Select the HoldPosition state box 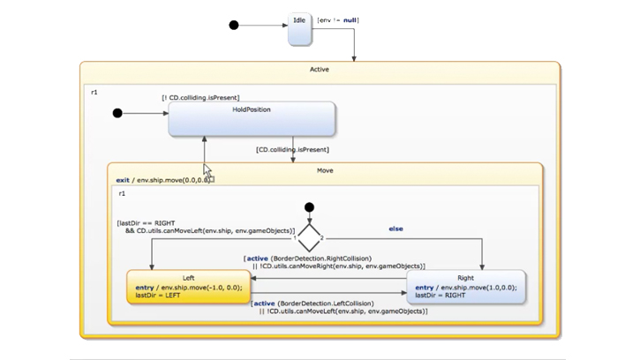tap(252, 119)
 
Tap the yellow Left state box tap(188, 288)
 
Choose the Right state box tap(465, 288)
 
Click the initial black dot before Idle tap(234, 26)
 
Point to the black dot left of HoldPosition tap(117, 113)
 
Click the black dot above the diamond tap(309, 207)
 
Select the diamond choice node tap(309, 237)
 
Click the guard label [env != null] tap(338, 19)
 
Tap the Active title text tap(320, 69)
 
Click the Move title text tap(324, 169)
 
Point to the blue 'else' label tap(395, 229)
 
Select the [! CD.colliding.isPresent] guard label tap(200, 98)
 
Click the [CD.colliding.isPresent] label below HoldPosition tap(292, 150)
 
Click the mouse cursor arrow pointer tap(207, 169)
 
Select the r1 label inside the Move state tap(123, 192)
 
